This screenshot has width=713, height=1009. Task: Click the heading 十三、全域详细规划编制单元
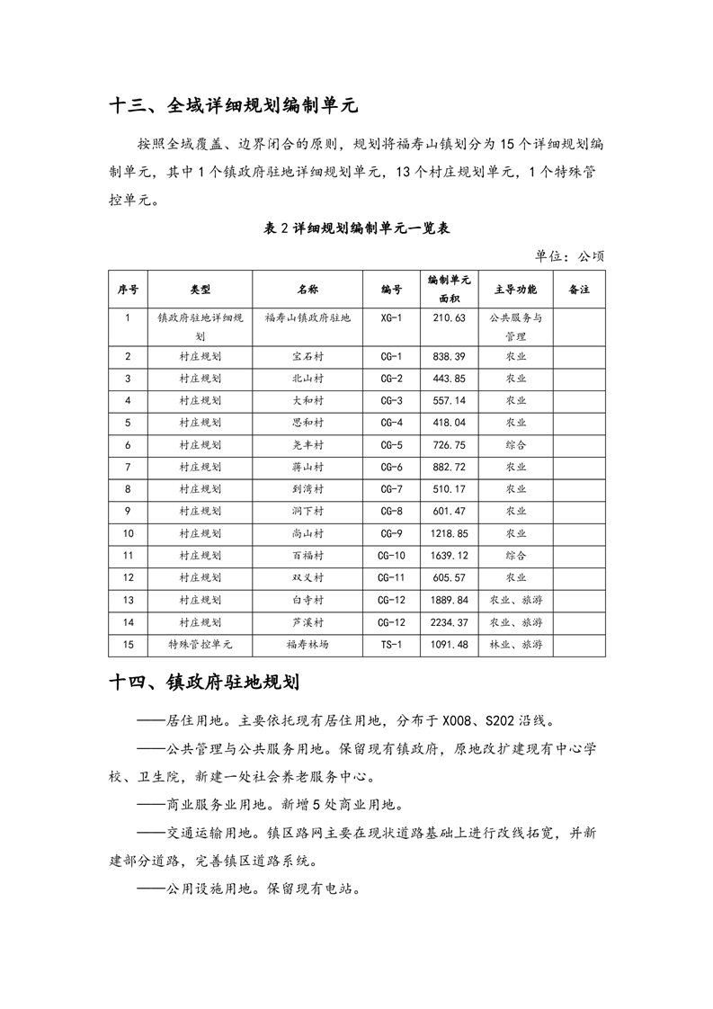(233, 105)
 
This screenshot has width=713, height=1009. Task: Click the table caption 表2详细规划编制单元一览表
(356, 228)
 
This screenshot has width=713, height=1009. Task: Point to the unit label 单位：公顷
(569, 255)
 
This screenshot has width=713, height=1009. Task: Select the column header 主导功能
(515, 290)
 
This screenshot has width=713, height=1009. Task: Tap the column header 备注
(579, 290)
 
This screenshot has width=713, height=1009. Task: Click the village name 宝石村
(307, 356)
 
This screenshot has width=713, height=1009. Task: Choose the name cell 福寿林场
(307, 644)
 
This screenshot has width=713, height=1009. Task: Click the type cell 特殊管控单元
(201, 644)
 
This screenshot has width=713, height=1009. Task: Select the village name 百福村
(307, 555)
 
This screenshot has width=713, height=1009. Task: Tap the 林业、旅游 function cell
(515, 644)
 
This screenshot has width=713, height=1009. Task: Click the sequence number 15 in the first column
(129, 644)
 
